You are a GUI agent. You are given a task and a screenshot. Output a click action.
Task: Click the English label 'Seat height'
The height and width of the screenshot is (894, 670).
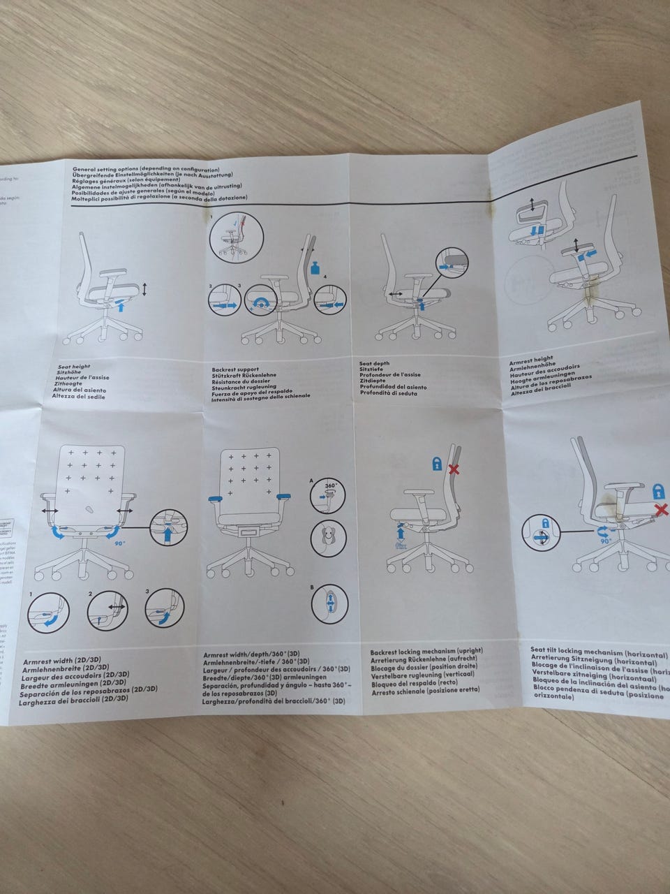(70, 366)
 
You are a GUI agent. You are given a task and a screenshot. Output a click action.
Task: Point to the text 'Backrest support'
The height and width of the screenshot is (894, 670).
(235, 369)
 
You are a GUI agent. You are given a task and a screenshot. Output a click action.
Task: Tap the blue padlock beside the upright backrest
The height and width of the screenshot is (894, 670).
(436, 462)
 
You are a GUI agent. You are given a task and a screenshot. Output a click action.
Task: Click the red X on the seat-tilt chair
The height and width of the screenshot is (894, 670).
(657, 512)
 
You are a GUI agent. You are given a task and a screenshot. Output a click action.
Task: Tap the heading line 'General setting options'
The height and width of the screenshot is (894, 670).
(145, 169)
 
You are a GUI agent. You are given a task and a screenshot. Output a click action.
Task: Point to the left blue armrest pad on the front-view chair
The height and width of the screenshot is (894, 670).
(214, 498)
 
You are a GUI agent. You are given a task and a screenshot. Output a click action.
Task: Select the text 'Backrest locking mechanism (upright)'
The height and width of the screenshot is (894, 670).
(426, 652)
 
